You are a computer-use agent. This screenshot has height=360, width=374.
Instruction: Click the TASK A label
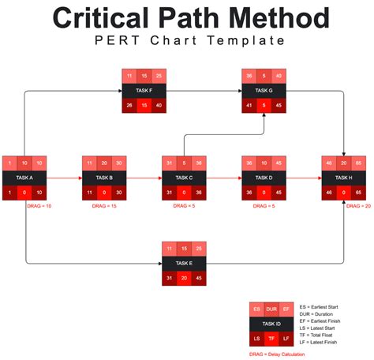[26, 178]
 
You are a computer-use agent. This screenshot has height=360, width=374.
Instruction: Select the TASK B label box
[105, 178]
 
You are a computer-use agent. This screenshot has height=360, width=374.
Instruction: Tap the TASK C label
[185, 178]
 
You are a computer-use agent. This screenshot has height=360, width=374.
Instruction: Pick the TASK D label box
[264, 178]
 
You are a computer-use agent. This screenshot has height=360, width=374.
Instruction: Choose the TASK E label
[185, 263]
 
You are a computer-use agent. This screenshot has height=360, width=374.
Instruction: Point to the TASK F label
[144, 91]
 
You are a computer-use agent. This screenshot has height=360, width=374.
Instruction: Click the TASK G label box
[264, 91]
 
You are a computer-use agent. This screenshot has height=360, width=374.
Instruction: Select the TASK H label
[344, 178]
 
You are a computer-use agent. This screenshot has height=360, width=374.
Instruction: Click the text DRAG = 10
[39, 205]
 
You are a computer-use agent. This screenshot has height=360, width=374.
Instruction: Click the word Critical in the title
[103, 18]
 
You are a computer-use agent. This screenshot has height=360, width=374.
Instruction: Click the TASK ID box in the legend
[272, 323]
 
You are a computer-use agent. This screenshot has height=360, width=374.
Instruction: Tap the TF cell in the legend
[272, 338]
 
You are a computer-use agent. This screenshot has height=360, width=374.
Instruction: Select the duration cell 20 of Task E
[185, 277]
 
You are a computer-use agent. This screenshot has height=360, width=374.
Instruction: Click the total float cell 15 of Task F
[144, 105]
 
